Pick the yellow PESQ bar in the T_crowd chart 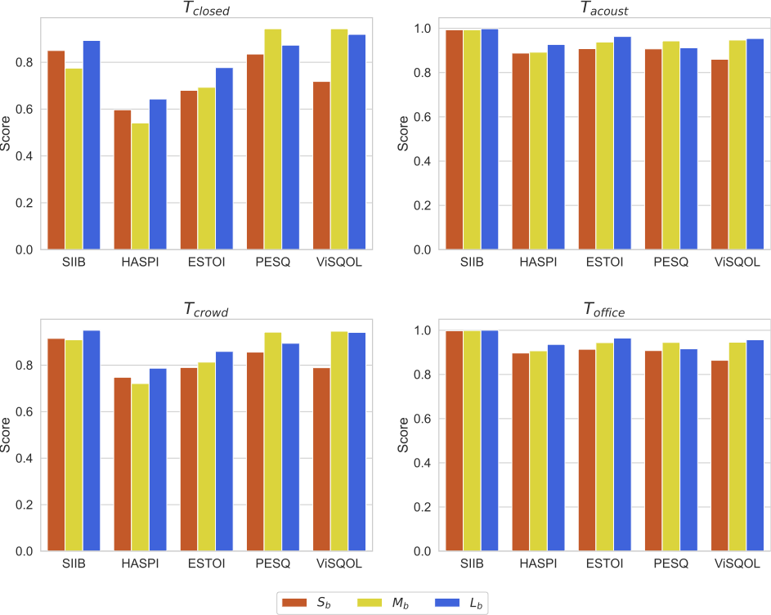click(272, 442)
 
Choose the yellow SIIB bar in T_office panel click(472, 441)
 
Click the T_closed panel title click(205, 9)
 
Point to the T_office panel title click(604, 310)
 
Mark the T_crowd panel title click(205, 310)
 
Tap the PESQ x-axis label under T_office click(670, 564)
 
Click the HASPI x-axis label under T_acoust click(538, 263)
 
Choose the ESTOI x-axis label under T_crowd click(206, 564)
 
